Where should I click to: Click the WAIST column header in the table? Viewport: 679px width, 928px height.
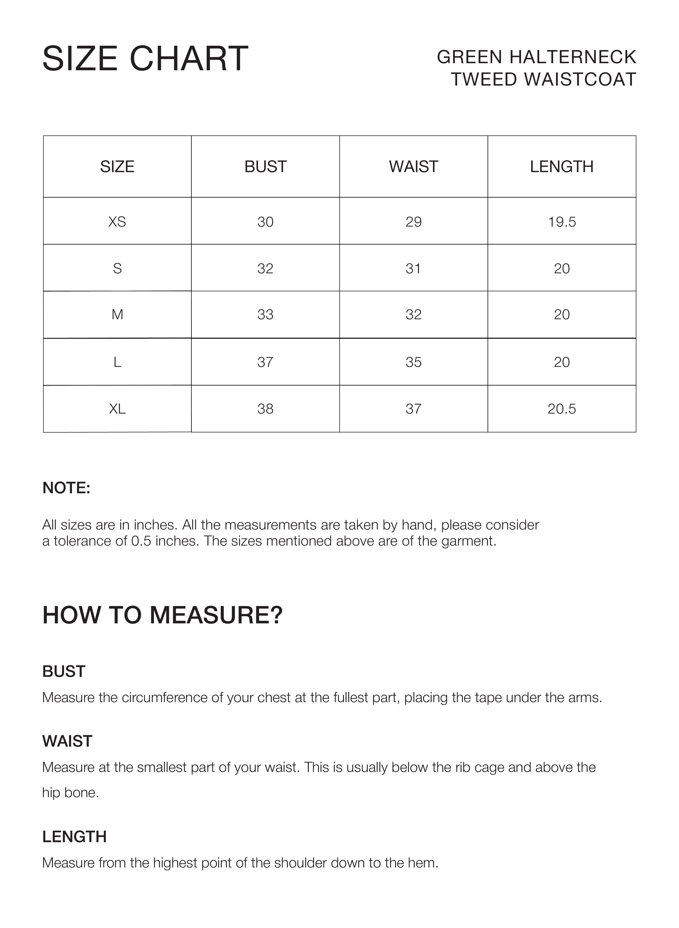point(414,167)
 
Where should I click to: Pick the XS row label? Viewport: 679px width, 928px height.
point(117,222)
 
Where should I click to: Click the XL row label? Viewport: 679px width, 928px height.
point(117,409)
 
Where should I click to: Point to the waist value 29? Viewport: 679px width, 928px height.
point(414,222)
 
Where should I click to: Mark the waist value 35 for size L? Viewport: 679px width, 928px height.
point(414,362)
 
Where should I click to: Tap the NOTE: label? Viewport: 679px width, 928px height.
point(66,488)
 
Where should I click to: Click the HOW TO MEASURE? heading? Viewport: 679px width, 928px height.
point(162,615)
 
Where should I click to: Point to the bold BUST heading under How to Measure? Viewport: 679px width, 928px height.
point(64,672)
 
